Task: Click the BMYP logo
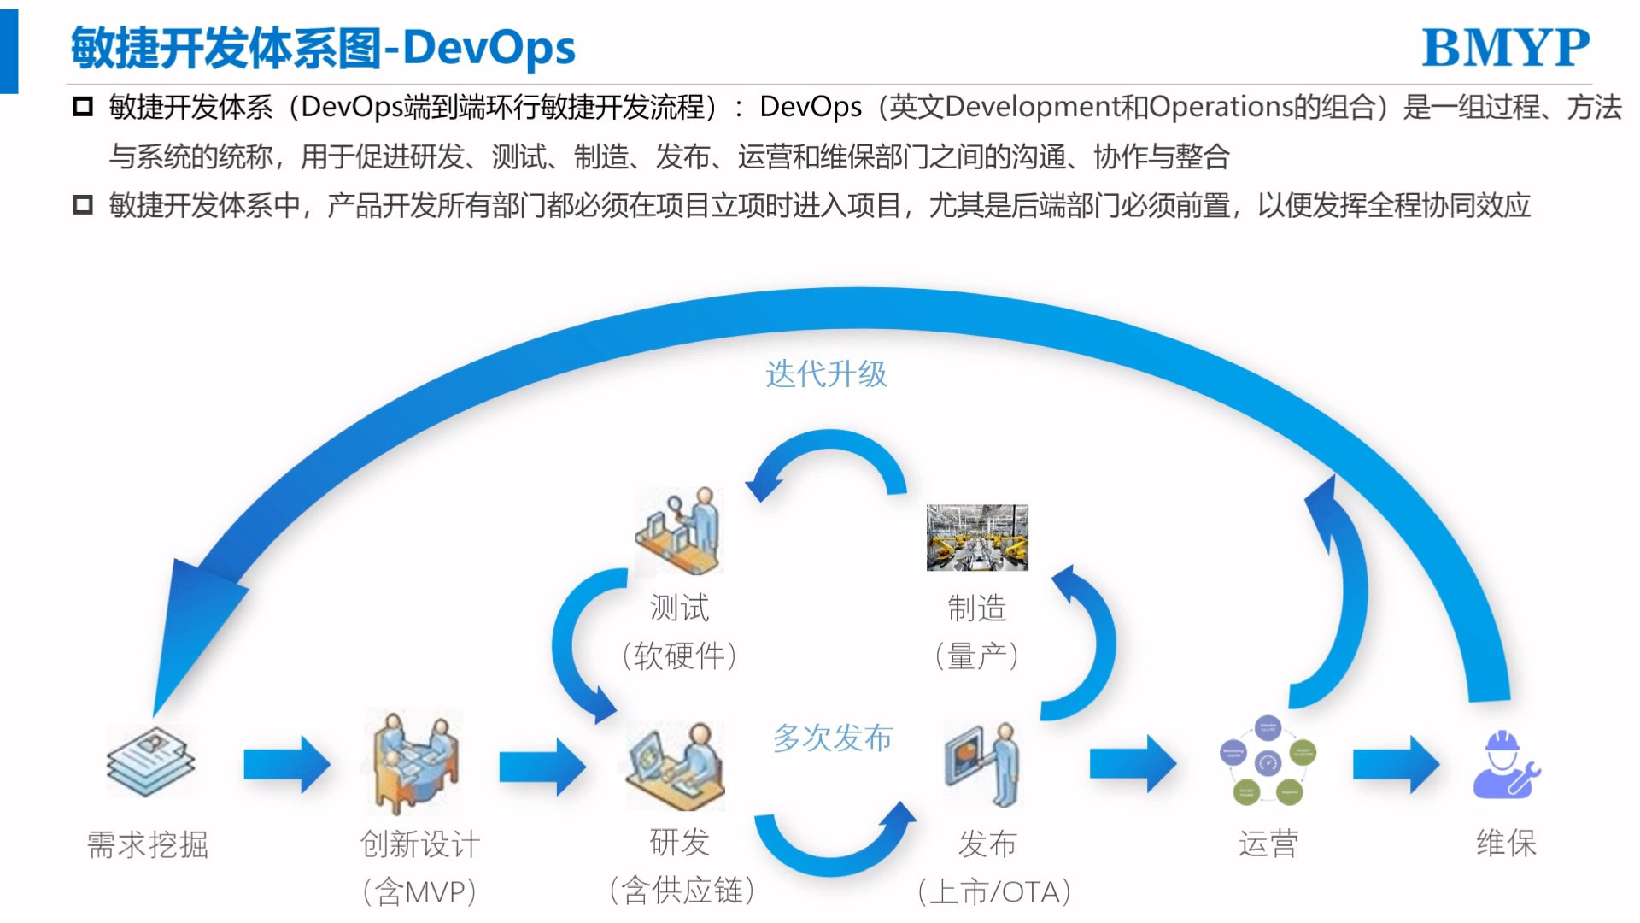1505,48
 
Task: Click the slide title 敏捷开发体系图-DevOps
323,48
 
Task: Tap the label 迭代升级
826,374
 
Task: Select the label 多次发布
833,738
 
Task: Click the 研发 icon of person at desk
676,765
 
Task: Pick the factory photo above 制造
977,538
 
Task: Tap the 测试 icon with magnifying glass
680,531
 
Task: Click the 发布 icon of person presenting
982,764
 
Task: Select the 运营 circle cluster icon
1268,761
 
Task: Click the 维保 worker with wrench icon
1506,765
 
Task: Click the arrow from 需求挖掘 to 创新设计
287,764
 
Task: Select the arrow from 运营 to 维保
1396,764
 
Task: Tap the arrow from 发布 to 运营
1133,763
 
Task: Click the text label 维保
1506,844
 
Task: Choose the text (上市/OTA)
994,892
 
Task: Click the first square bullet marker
83,107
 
